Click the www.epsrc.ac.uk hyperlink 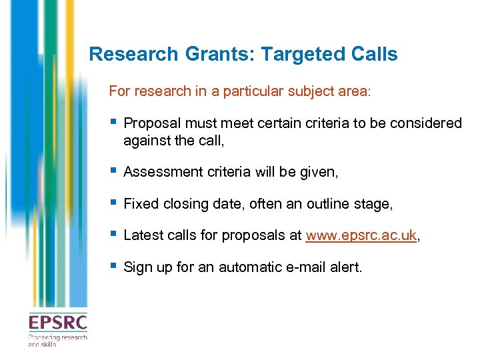[x=361, y=235]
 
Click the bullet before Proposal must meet [x=115, y=122]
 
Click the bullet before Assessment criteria [x=115, y=171]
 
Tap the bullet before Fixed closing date [x=115, y=203]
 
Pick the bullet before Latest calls [x=115, y=235]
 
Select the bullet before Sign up [x=115, y=267]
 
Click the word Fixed [x=139, y=204]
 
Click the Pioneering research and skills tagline [x=57, y=341]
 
